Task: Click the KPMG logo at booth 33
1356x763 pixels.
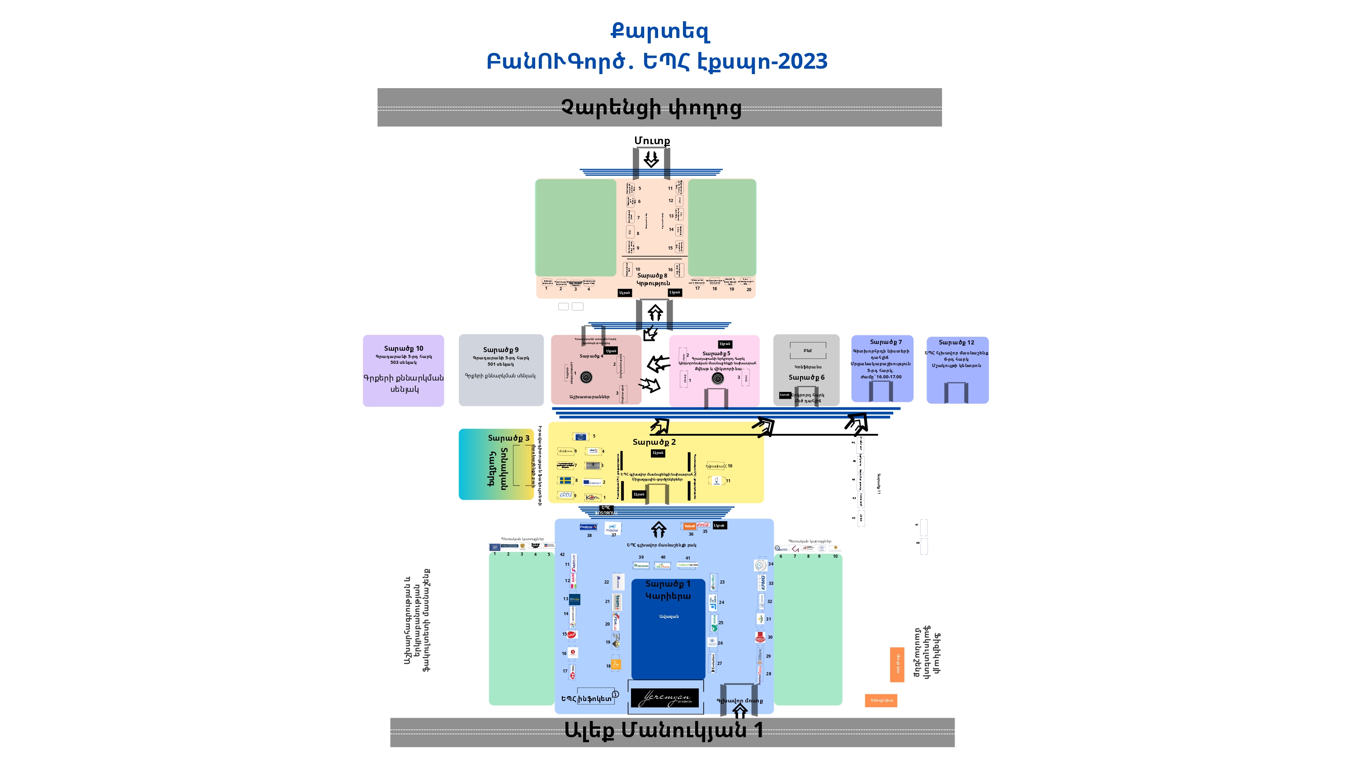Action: click(762, 582)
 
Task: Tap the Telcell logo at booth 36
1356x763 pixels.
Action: click(689, 526)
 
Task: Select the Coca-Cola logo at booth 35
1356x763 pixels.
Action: click(703, 525)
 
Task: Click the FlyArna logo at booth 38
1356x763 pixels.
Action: click(588, 527)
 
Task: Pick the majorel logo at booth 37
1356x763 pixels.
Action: click(612, 528)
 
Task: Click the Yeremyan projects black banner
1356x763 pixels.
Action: click(664, 698)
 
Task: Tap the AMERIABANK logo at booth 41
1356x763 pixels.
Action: click(688, 565)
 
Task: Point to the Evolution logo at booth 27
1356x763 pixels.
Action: click(713, 662)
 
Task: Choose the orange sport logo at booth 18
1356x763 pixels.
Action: click(616, 664)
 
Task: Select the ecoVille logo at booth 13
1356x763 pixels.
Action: click(574, 599)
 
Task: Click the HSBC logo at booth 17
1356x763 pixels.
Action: click(573, 671)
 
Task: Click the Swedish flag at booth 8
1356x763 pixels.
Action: click(565, 480)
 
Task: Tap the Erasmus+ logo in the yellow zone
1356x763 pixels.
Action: click(592, 482)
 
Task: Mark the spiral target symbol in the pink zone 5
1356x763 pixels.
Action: click(717, 378)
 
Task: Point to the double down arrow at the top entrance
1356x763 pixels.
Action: click(651, 159)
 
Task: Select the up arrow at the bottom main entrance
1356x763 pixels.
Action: click(739, 712)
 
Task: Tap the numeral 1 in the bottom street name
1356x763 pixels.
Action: click(758, 730)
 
